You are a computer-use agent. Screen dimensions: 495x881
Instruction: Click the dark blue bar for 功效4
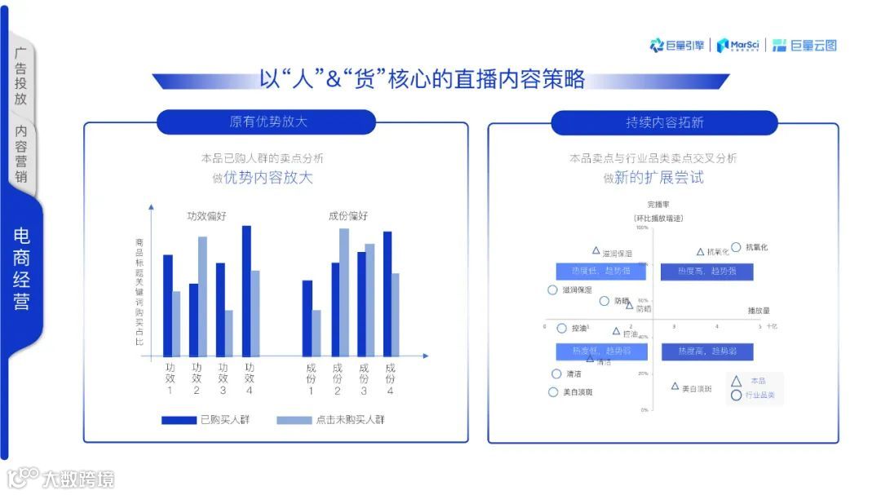pyautogui.click(x=246, y=291)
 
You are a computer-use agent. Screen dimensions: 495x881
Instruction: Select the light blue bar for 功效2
pyautogui.click(x=202, y=297)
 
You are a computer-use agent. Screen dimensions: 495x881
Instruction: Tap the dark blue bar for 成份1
pyautogui.click(x=307, y=318)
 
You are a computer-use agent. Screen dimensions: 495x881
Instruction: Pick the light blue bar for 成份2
pyautogui.click(x=344, y=293)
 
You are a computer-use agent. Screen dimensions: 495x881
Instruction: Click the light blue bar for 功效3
pyautogui.click(x=229, y=333)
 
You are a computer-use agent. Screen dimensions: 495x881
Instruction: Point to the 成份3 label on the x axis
pyautogui.click(x=363, y=379)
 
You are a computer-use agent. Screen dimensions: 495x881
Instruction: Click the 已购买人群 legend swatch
pyautogui.click(x=179, y=420)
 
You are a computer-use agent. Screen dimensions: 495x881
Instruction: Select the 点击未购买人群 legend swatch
pyautogui.click(x=294, y=420)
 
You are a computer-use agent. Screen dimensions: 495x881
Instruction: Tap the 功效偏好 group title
pyautogui.click(x=206, y=216)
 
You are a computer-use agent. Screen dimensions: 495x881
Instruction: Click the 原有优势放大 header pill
pyautogui.click(x=266, y=122)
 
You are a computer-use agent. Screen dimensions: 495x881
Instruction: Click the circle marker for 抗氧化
pyautogui.click(x=736, y=246)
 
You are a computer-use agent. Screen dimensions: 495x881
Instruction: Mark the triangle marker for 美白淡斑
pyautogui.click(x=675, y=386)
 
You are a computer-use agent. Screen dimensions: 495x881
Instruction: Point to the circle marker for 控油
pyautogui.click(x=561, y=328)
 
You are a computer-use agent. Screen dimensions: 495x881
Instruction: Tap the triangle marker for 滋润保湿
pyautogui.click(x=595, y=250)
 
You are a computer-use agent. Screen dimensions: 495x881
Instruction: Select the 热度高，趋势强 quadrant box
pyautogui.click(x=706, y=271)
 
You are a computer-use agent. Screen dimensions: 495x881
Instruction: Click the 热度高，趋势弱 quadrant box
pyautogui.click(x=706, y=351)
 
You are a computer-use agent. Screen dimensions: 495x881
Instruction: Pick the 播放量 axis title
pyautogui.click(x=759, y=311)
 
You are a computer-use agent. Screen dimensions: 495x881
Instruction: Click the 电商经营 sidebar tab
pyautogui.click(x=22, y=269)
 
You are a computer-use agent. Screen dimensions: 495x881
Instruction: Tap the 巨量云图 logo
pyautogui.click(x=804, y=46)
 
